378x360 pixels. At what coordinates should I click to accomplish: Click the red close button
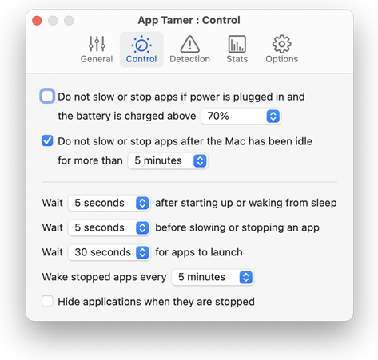pos(37,21)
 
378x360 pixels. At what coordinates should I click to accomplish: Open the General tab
pos(97,49)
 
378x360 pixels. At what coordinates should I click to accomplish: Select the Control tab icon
pos(141,44)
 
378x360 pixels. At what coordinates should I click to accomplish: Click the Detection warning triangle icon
pos(190,44)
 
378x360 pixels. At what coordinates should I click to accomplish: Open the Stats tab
pos(237,49)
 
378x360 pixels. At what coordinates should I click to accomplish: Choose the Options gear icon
pos(282,44)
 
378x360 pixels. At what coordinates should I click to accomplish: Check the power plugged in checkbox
pos(47,96)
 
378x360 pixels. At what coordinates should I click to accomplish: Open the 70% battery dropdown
pos(241,117)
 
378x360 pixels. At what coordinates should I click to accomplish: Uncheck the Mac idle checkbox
pos(47,140)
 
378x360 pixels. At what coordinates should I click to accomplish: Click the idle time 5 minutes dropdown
pos(168,161)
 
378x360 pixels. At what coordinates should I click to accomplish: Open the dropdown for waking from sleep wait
pos(109,204)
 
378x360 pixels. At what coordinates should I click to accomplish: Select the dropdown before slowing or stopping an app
pos(109,228)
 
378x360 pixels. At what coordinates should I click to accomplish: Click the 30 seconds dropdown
pos(109,252)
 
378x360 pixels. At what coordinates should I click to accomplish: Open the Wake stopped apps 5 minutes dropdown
pos(213,277)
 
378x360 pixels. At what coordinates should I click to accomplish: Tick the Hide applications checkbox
pos(47,301)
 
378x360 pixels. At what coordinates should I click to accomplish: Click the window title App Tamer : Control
pos(189,20)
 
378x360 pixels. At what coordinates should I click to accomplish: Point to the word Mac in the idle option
pos(235,141)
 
